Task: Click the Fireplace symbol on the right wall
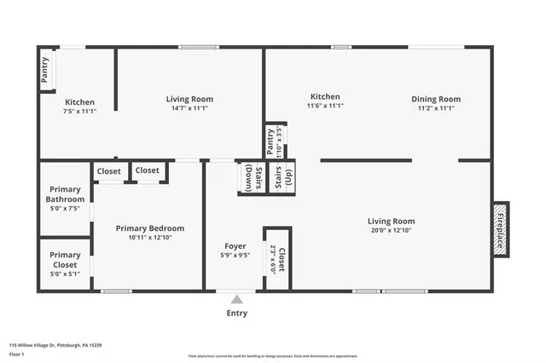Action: [501, 228]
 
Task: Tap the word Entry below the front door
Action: [236, 313]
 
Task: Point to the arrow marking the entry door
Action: [236, 299]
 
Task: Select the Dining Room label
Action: [435, 98]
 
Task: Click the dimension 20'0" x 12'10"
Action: [392, 231]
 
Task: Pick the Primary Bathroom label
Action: [65, 194]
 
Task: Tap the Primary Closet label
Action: [65, 259]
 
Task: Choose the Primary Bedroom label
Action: [149, 228]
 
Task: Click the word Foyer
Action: [235, 246]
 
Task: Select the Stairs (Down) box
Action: [249, 177]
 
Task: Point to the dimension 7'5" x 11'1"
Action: [80, 112]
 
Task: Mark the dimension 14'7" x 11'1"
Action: [189, 108]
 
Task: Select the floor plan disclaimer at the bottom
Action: [272, 355]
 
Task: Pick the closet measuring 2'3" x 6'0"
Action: [277, 258]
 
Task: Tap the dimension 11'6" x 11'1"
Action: [325, 107]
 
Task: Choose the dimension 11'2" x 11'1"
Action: [435, 108]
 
